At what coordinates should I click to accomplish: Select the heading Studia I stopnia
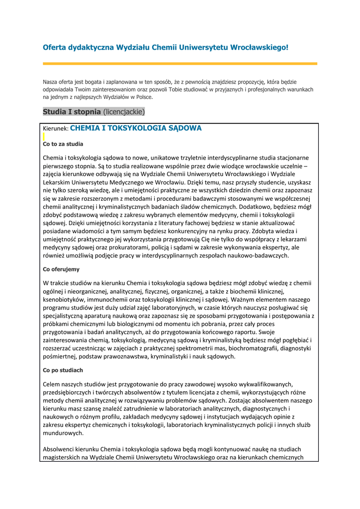tap(72, 112)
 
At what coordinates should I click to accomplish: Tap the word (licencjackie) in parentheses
tap(124, 112)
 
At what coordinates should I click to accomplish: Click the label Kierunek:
tap(56, 129)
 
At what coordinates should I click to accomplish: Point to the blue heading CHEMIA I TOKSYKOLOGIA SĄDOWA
tap(136, 128)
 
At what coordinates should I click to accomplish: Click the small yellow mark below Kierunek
tap(44, 136)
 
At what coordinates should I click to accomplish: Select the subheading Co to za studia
tap(63, 144)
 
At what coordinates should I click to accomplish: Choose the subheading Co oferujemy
tap(61, 269)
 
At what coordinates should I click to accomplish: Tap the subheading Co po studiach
tap(63, 370)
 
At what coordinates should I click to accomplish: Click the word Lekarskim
tap(58, 182)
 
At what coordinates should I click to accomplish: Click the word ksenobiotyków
tap(65, 300)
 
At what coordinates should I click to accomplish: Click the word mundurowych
tap(62, 433)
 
